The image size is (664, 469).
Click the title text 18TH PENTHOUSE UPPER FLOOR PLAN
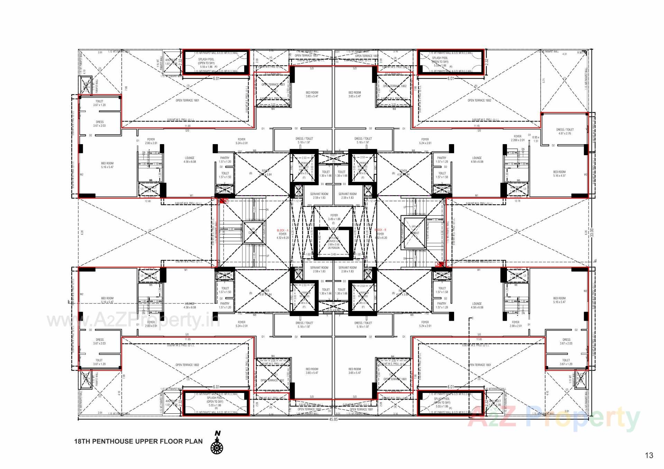pos(138,441)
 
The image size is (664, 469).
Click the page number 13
pos(649,456)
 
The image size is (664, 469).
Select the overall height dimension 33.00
pos(592,232)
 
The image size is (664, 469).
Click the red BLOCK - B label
pos(380,230)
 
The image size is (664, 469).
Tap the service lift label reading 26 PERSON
pos(333,248)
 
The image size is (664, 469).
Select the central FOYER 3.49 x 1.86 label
pos(334,217)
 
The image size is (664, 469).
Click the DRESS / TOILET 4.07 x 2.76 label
pos(565,131)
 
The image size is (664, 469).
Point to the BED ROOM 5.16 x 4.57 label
pos(559,173)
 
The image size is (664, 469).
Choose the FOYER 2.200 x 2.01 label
pos(517,138)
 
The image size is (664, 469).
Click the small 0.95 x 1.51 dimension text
pos(536,139)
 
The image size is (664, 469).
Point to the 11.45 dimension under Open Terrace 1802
pos(477,126)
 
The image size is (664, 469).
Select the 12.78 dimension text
pos(517,201)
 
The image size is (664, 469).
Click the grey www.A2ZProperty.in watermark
pos(133,320)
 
